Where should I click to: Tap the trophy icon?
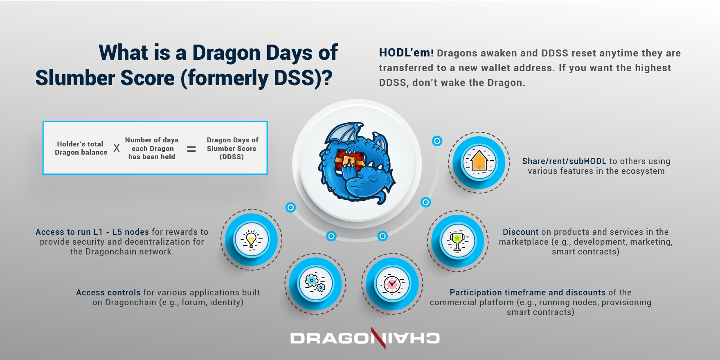457,241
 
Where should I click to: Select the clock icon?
392,283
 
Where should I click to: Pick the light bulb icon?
251,240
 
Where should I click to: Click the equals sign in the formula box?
191,149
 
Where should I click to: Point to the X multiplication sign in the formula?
117,148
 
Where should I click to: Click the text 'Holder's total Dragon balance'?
81,148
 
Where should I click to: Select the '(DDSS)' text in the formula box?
232,157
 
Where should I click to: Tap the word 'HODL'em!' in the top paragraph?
406,53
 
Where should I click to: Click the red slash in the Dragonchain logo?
378,338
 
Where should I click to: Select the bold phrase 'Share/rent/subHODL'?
564,161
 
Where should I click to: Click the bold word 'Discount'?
520,232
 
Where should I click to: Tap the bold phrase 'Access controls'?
108,292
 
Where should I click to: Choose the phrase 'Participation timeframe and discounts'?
527,292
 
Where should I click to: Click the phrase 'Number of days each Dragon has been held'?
152,148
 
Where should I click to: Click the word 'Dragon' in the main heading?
226,53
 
